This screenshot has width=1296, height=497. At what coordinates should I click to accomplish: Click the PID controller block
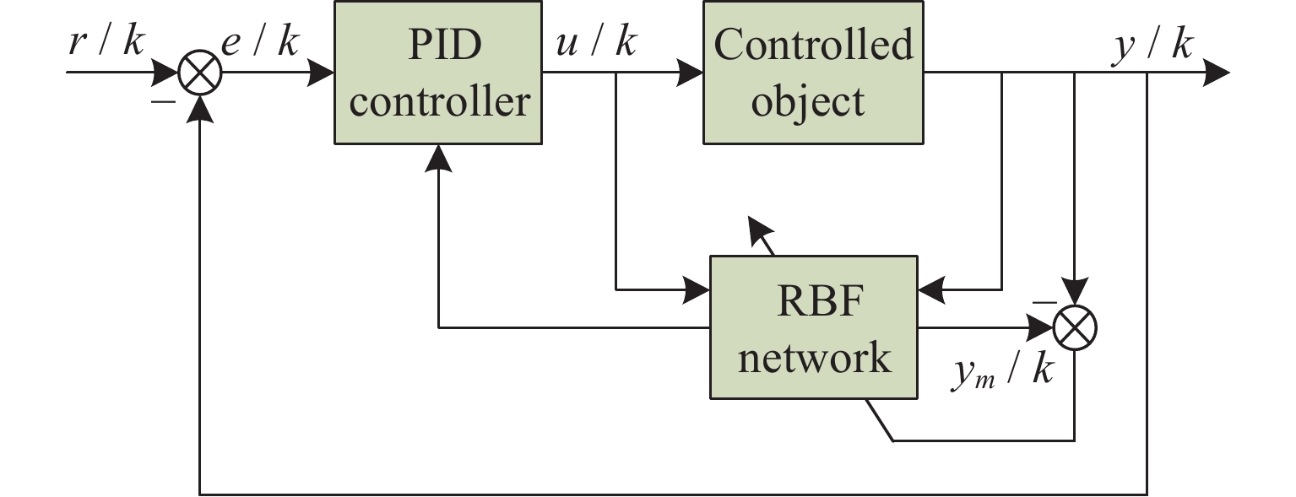click(437, 72)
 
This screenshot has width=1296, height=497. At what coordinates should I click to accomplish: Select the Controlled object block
click(813, 72)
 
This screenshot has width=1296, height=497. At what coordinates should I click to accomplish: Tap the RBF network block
click(813, 327)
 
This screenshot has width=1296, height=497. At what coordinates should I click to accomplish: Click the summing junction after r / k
click(200, 73)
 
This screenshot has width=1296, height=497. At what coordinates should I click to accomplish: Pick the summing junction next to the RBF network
click(1075, 327)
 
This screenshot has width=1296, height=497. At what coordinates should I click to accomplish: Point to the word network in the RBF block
click(813, 357)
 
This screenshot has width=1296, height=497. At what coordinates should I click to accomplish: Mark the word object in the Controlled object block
click(808, 101)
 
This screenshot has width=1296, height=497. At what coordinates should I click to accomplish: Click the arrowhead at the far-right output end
click(1217, 73)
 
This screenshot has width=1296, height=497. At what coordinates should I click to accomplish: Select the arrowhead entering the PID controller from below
click(438, 157)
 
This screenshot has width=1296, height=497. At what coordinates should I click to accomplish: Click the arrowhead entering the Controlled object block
click(691, 73)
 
